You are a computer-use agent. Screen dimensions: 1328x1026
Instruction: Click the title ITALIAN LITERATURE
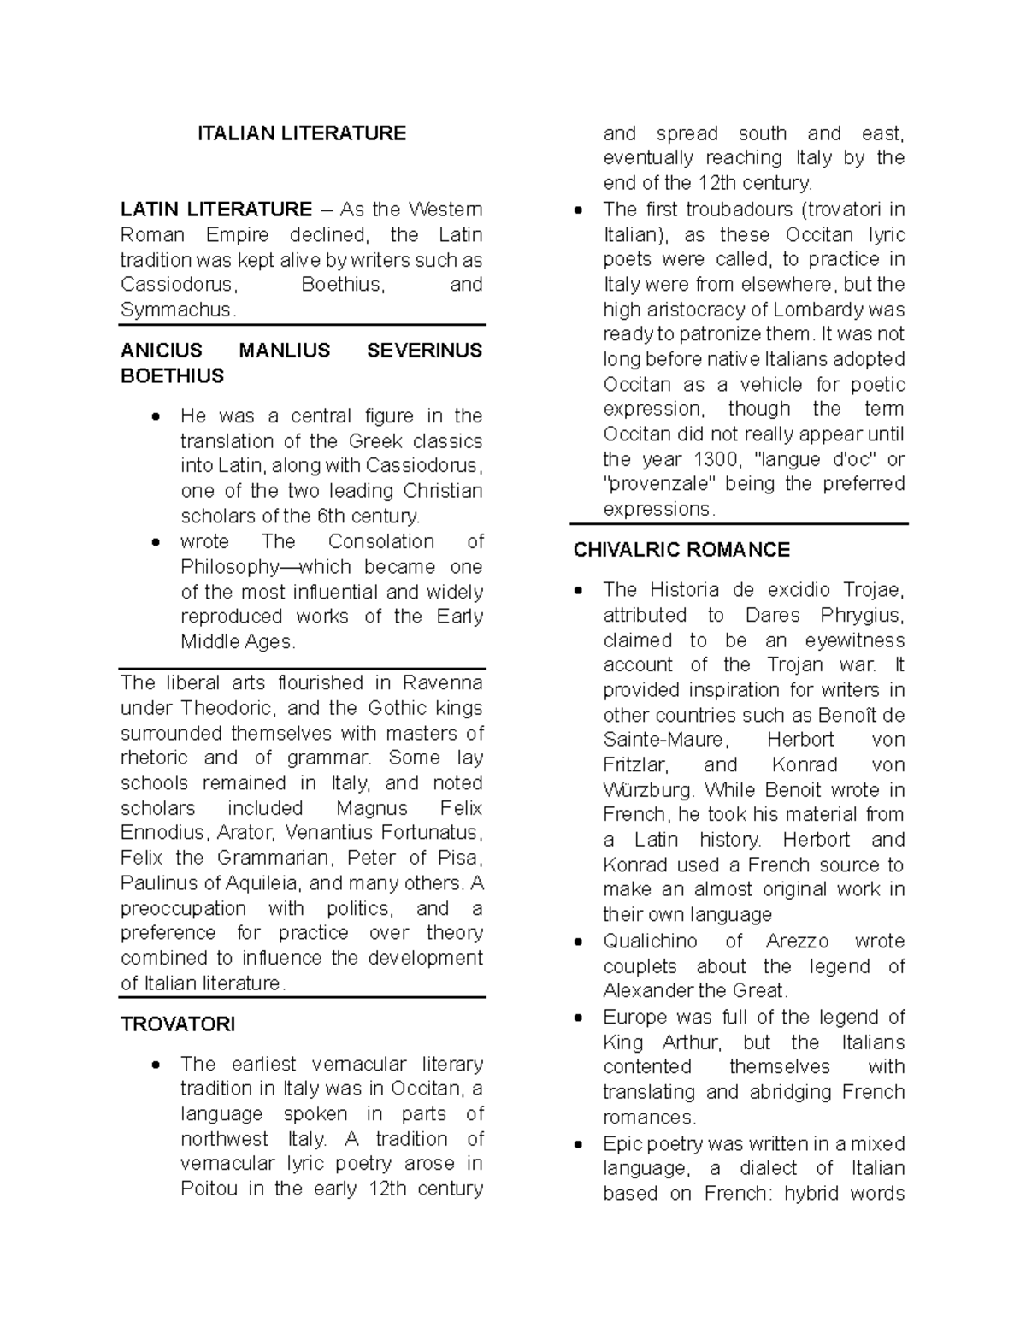[x=302, y=133]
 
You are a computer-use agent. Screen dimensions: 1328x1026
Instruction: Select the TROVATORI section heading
[x=178, y=1024]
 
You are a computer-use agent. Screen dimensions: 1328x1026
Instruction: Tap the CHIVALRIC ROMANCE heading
[x=681, y=550]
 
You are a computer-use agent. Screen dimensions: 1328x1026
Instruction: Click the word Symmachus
[x=176, y=310]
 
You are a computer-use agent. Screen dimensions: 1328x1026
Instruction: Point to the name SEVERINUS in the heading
[x=424, y=351]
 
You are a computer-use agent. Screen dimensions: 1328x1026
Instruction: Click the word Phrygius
[x=862, y=616]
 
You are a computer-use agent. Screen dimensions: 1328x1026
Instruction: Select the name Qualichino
[x=650, y=941]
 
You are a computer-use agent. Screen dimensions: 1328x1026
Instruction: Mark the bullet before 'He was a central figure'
[x=154, y=417]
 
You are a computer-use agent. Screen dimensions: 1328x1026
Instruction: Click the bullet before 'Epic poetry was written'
[x=580, y=1144]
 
